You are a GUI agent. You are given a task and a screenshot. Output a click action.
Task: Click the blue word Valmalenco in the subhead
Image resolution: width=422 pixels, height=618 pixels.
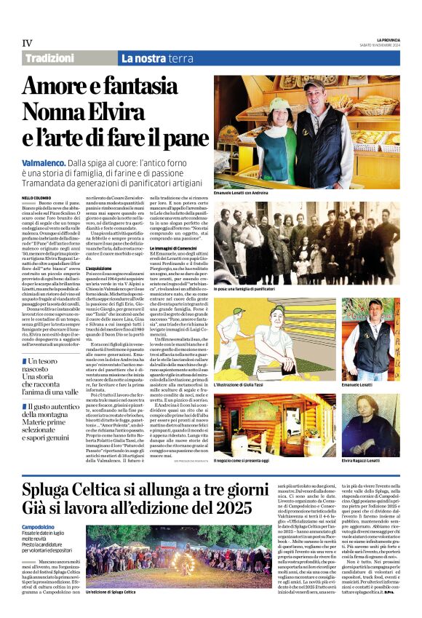pos(44,164)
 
